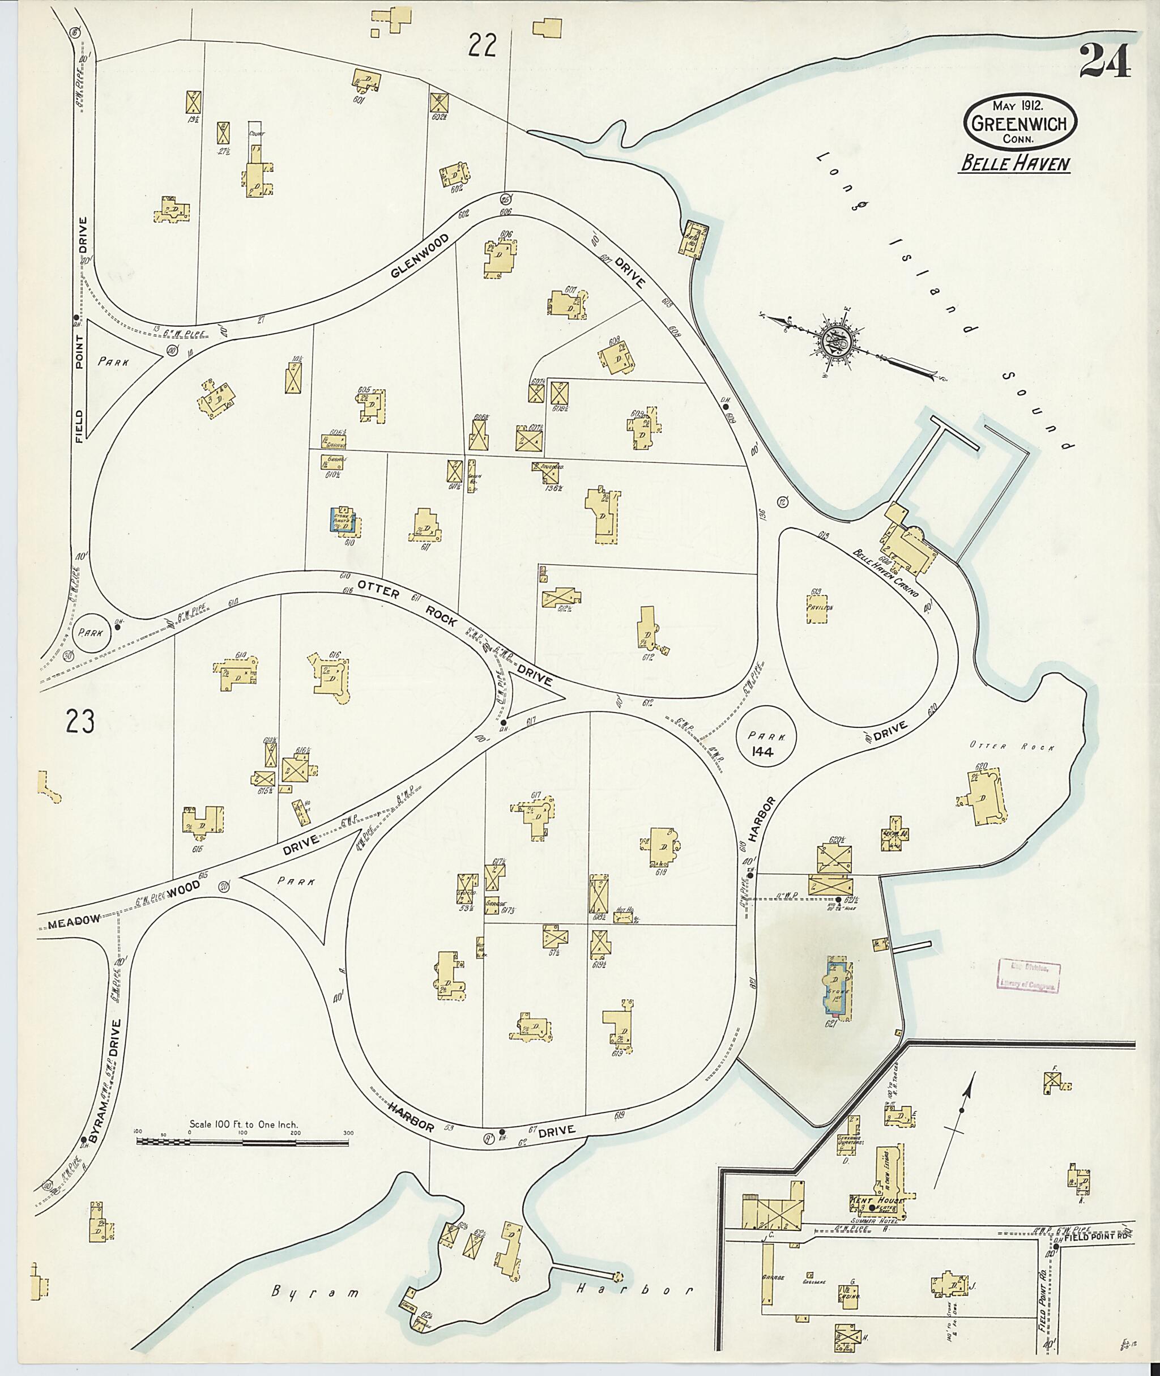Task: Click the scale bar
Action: coord(242,681)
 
